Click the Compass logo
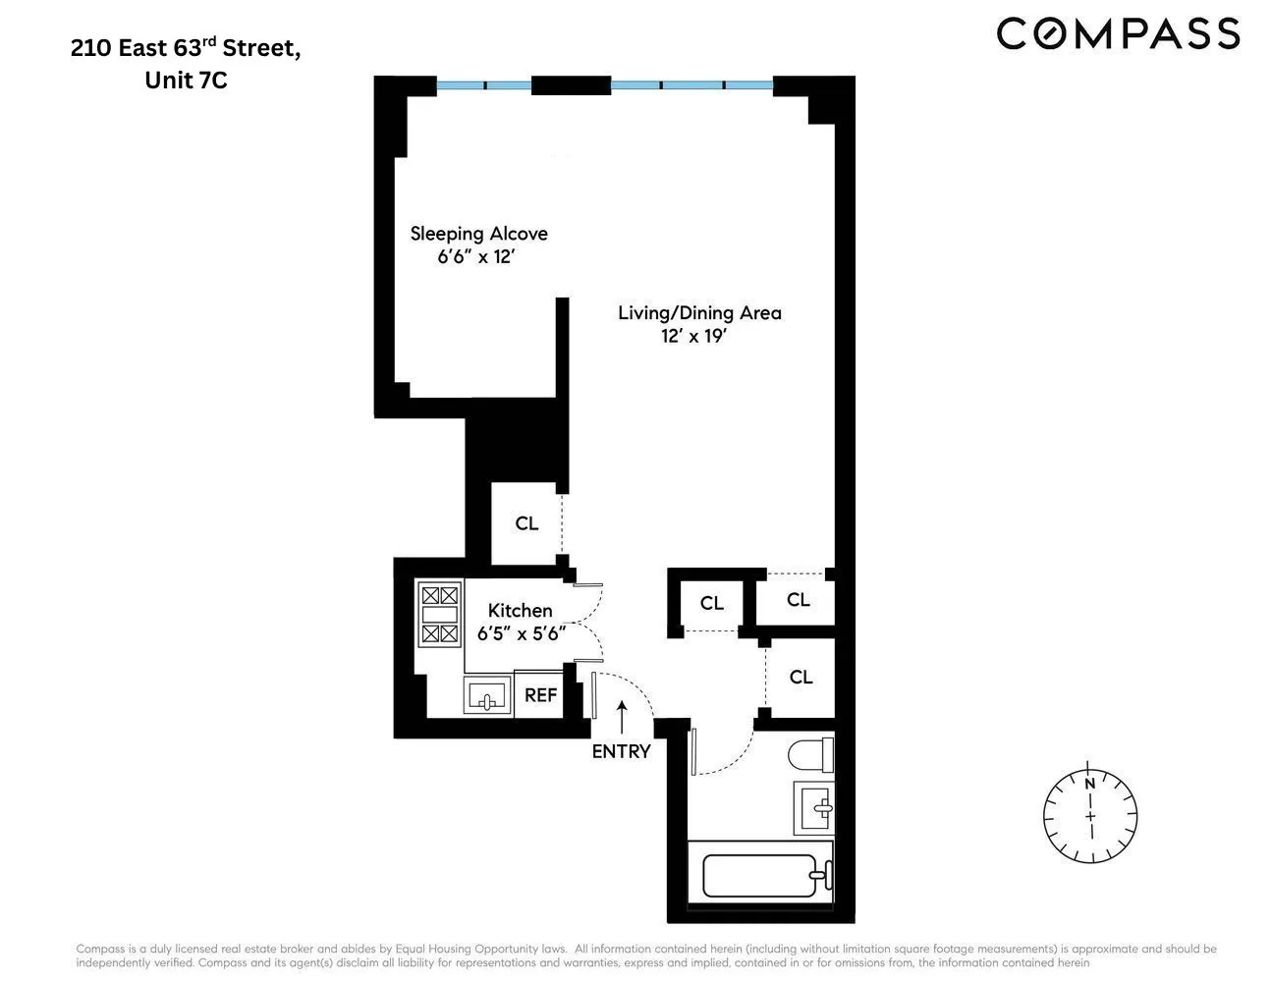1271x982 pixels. (1118, 33)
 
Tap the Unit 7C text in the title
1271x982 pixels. (186, 81)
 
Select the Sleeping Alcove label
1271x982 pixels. (478, 234)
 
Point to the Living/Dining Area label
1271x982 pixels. (699, 313)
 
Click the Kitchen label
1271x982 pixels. (520, 611)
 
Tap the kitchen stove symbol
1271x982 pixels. (439, 615)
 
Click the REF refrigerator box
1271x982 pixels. (540, 695)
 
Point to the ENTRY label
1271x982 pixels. (621, 751)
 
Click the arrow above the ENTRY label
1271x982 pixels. (621, 717)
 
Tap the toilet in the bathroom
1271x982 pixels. (810, 756)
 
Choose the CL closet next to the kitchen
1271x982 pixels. (526, 524)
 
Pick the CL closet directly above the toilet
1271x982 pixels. (801, 678)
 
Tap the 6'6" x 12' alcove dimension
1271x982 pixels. (476, 258)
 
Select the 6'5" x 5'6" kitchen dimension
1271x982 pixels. (521, 634)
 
